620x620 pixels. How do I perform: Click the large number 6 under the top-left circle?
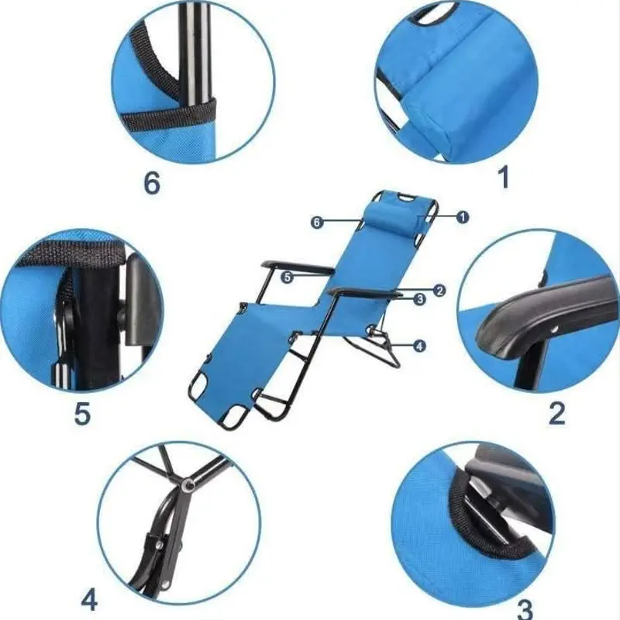(152, 183)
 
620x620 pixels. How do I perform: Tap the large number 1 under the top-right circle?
(503, 177)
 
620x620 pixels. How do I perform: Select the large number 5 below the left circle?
(83, 413)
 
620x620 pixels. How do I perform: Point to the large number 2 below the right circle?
(556, 413)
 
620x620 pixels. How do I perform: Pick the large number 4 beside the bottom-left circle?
(89, 600)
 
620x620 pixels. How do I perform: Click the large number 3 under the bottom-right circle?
(525, 609)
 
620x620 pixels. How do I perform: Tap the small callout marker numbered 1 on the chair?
(462, 217)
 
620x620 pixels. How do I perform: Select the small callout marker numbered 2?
(439, 291)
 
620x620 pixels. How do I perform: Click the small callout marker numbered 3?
(419, 299)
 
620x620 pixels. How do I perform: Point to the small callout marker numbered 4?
(419, 346)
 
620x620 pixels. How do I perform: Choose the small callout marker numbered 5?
(288, 277)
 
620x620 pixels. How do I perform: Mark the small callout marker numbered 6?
(316, 222)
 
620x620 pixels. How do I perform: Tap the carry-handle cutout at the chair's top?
(404, 197)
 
